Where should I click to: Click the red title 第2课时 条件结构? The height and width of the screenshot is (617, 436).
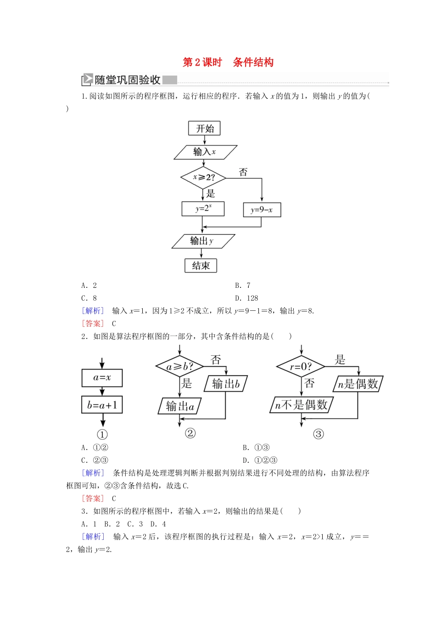(228, 62)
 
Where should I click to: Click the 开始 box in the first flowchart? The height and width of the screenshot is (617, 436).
(204, 129)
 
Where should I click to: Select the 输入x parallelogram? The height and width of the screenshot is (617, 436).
(205, 152)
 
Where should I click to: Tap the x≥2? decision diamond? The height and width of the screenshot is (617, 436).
(204, 177)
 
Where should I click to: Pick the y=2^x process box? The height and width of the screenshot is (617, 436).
(203, 208)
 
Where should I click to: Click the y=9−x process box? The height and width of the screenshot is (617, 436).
(262, 210)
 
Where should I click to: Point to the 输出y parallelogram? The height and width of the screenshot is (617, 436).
(203, 241)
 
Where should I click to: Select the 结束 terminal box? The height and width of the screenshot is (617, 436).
(201, 265)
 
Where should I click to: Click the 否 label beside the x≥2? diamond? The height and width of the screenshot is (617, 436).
(243, 172)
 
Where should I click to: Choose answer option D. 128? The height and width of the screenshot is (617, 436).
(247, 298)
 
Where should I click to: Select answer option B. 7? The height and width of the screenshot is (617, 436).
(243, 285)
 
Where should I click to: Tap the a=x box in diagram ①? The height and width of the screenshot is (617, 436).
(102, 378)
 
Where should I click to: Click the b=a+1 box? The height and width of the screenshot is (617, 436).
(102, 405)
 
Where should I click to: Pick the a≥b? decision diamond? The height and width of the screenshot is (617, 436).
(179, 366)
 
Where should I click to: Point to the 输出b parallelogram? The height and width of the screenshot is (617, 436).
(225, 383)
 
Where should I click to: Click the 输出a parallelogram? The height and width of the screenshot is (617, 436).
(180, 406)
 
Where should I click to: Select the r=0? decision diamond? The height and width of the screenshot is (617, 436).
(301, 366)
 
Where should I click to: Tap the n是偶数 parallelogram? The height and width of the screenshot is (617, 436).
(358, 383)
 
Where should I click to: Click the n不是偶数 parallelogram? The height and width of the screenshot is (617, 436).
(301, 405)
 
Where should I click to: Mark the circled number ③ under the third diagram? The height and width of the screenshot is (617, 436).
(318, 434)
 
